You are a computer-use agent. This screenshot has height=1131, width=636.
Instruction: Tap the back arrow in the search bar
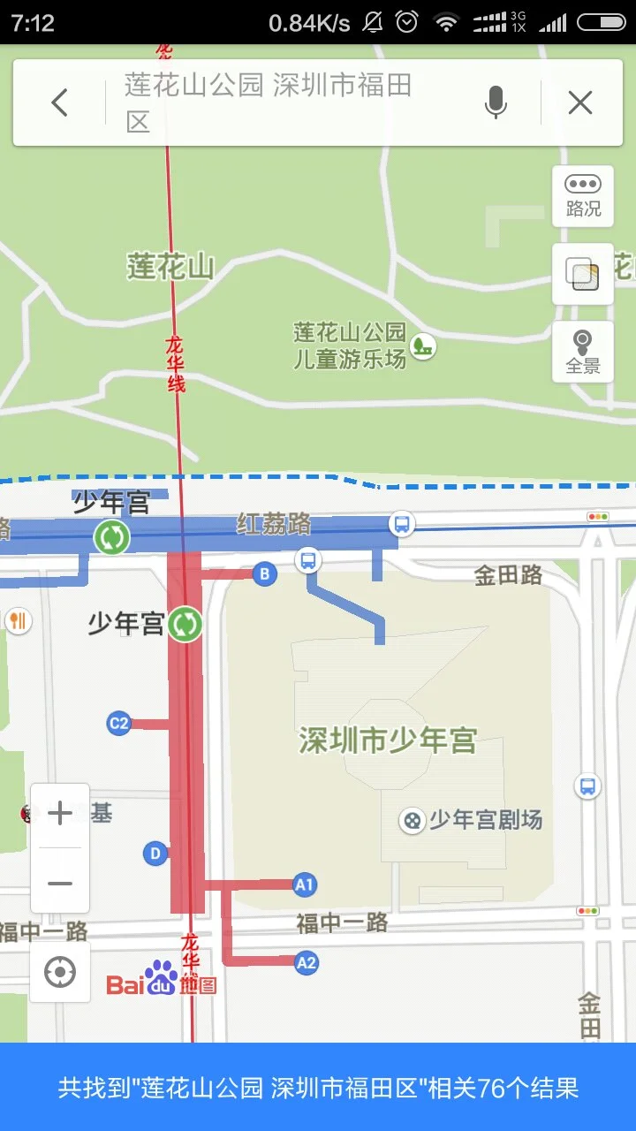click(59, 103)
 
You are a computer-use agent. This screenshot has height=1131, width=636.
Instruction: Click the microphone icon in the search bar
click(496, 103)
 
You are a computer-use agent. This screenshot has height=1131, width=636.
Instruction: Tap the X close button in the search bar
click(580, 103)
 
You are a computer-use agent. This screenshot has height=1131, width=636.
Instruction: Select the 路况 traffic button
click(583, 194)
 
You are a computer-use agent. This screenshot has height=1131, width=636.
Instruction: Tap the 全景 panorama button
click(583, 351)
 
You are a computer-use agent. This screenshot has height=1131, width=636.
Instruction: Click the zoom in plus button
click(60, 813)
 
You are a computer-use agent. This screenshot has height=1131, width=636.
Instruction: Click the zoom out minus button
click(60, 883)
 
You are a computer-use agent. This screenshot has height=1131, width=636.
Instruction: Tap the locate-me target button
click(60, 973)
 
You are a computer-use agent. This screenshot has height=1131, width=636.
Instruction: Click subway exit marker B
click(264, 574)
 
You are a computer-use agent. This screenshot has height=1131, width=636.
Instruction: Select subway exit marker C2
click(118, 724)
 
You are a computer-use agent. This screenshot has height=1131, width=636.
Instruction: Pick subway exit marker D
click(155, 854)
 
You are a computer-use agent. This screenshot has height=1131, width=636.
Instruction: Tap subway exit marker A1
click(305, 884)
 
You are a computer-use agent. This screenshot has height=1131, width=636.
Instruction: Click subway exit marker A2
click(307, 962)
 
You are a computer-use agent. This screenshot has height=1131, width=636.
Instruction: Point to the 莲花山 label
click(170, 266)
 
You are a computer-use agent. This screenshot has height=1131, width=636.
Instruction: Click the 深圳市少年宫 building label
click(388, 740)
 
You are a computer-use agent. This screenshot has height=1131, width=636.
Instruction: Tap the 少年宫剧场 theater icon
click(411, 820)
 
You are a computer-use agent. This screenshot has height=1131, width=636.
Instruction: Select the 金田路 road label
click(508, 576)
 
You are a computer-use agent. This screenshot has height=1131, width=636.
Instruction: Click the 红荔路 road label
click(274, 524)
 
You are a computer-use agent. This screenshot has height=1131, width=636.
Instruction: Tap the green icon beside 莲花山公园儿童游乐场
click(424, 345)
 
